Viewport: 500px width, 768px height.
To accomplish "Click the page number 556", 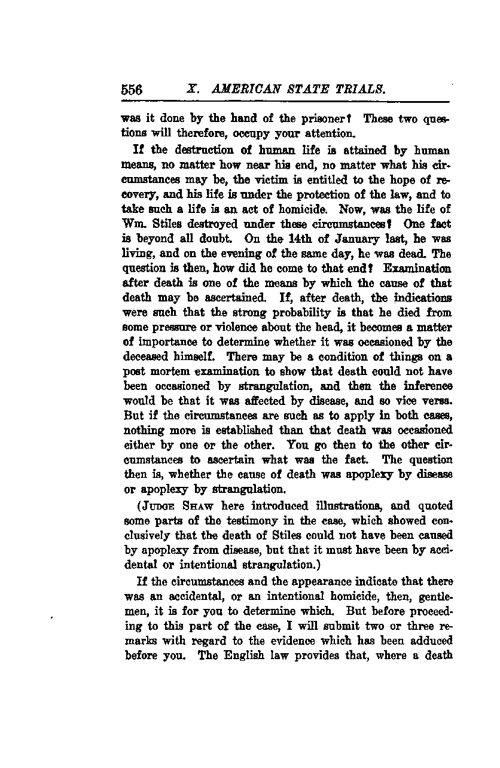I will [132, 90].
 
